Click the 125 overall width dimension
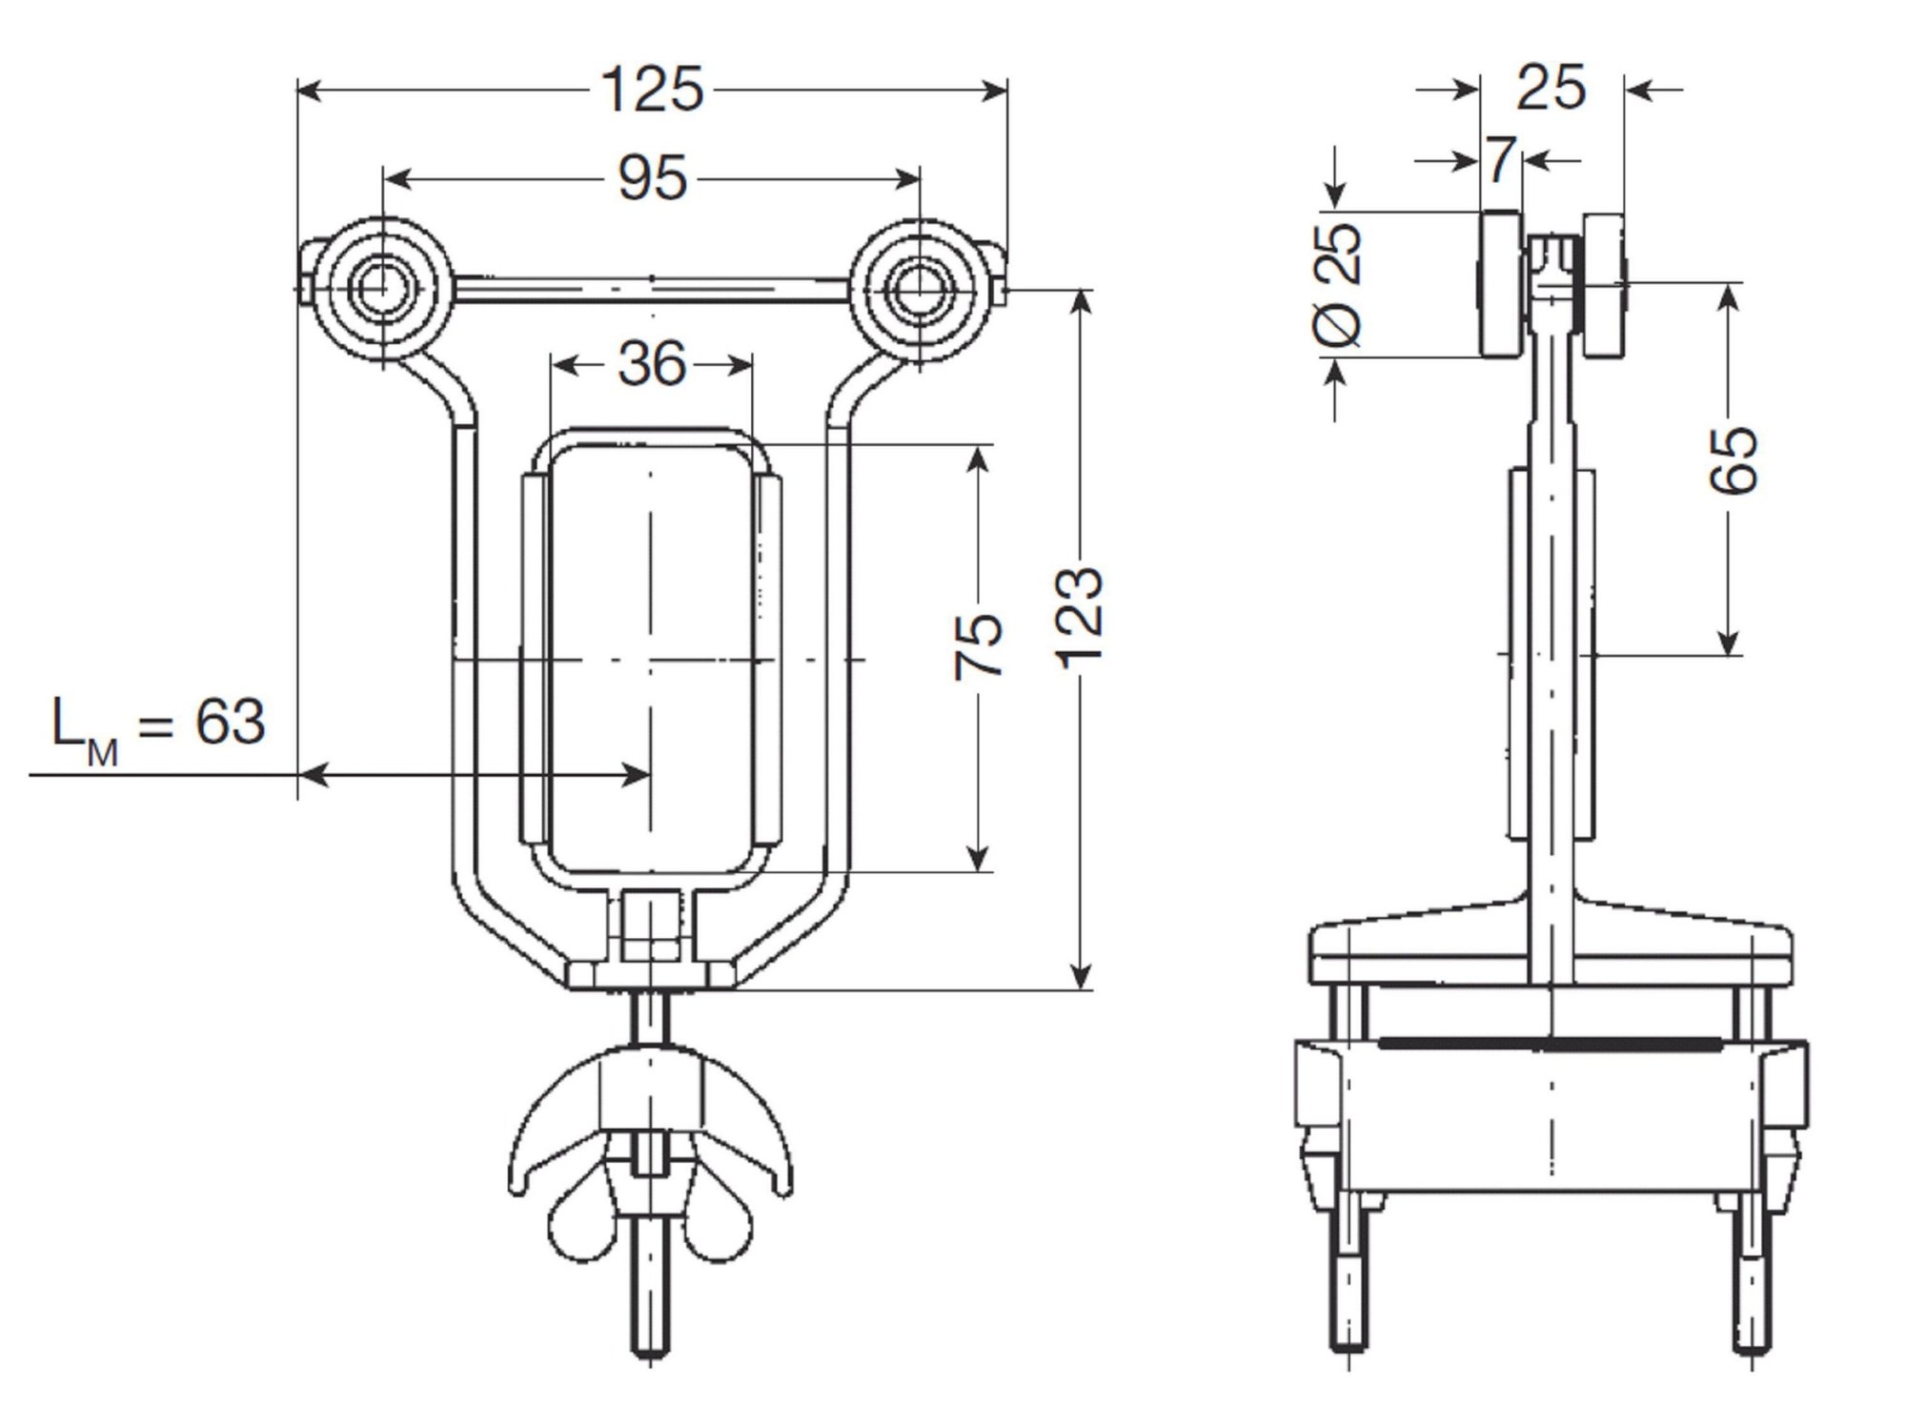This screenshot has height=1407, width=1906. point(653,90)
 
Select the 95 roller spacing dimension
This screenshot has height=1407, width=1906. point(653,177)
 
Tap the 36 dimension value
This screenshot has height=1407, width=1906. point(652,363)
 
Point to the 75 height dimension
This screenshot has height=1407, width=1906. point(979,645)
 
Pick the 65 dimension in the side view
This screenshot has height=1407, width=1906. point(1733,461)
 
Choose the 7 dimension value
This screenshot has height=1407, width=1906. point(1501,159)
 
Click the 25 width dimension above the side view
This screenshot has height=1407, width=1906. point(1551,88)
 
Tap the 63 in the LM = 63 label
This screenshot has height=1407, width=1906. point(230,722)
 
